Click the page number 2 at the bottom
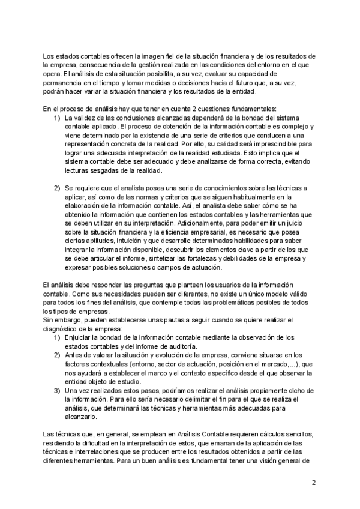pyautogui.click(x=314, y=483)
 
